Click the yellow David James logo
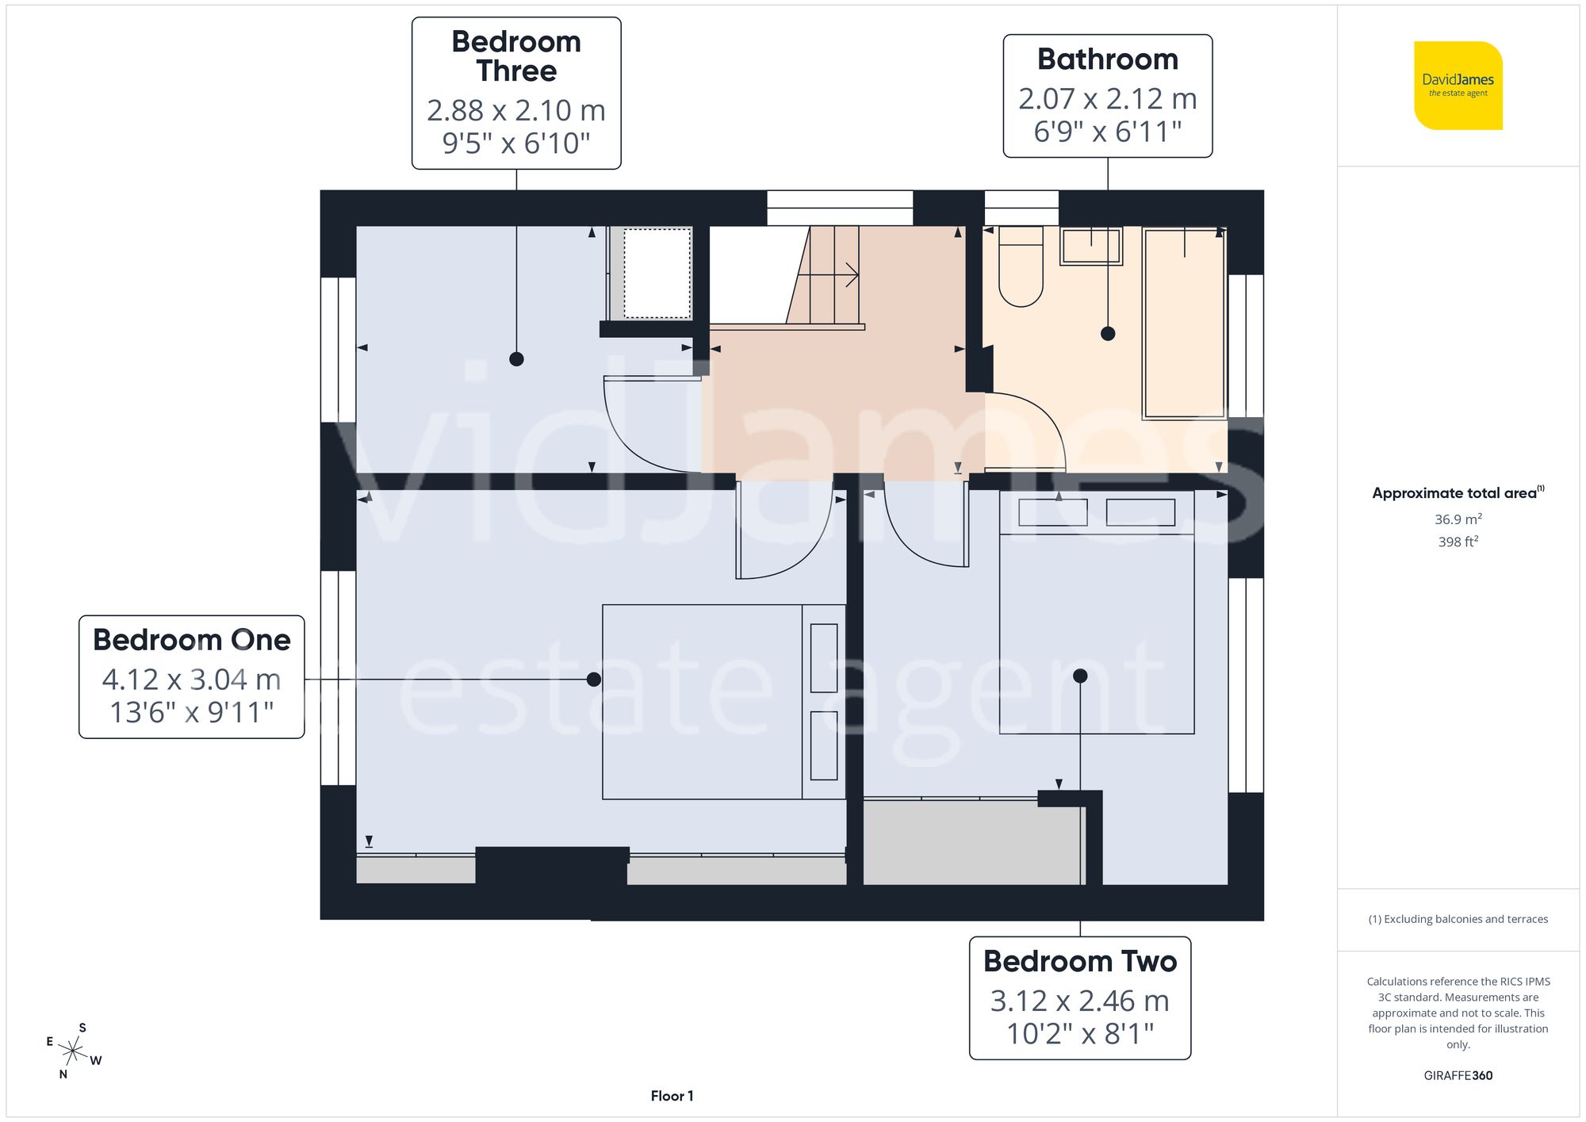coord(1458,86)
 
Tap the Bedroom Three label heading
coord(516,56)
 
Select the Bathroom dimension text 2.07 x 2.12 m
coord(1107,99)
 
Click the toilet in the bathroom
coord(1021,267)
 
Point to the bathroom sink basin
coord(1091,246)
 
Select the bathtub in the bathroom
coord(1184,324)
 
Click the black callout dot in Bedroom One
coord(593,680)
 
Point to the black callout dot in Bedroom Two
coord(1080,676)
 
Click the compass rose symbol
coord(73,1052)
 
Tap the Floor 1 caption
coord(672,1096)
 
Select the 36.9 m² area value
coord(1458,519)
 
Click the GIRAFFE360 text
coord(1458,1076)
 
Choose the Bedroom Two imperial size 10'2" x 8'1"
coord(1080,1034)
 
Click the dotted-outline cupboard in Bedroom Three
coord(657,274)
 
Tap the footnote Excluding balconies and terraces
coord(1458,919)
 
